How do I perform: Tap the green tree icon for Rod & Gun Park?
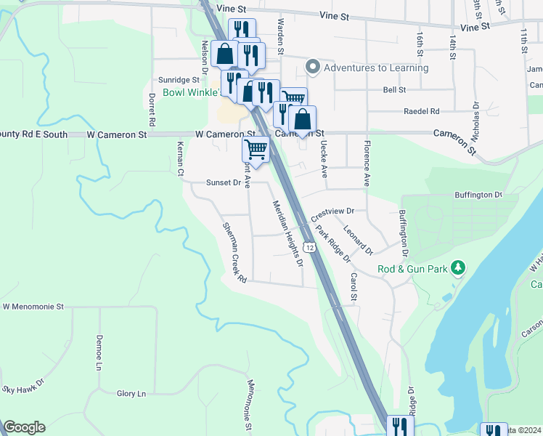[457, 268]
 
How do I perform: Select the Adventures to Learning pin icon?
[313, 68]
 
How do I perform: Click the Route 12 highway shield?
[310, 248]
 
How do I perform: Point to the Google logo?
[24, 427]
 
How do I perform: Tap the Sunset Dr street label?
[223, 183]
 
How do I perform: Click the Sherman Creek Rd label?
[235, 253]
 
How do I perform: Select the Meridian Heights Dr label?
[287, 233]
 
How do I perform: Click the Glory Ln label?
[131, 394]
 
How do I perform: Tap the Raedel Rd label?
[422, 111]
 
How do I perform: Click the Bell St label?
[393, 89]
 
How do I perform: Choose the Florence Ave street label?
[367, 163]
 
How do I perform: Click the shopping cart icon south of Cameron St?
[256, 149]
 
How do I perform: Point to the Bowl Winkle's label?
[190, 92]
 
